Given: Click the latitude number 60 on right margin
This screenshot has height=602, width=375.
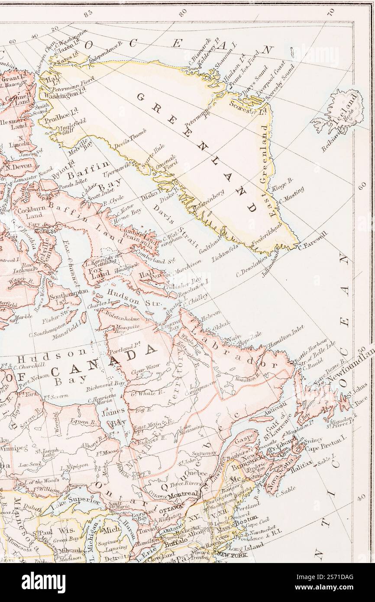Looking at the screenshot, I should [362, 185].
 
